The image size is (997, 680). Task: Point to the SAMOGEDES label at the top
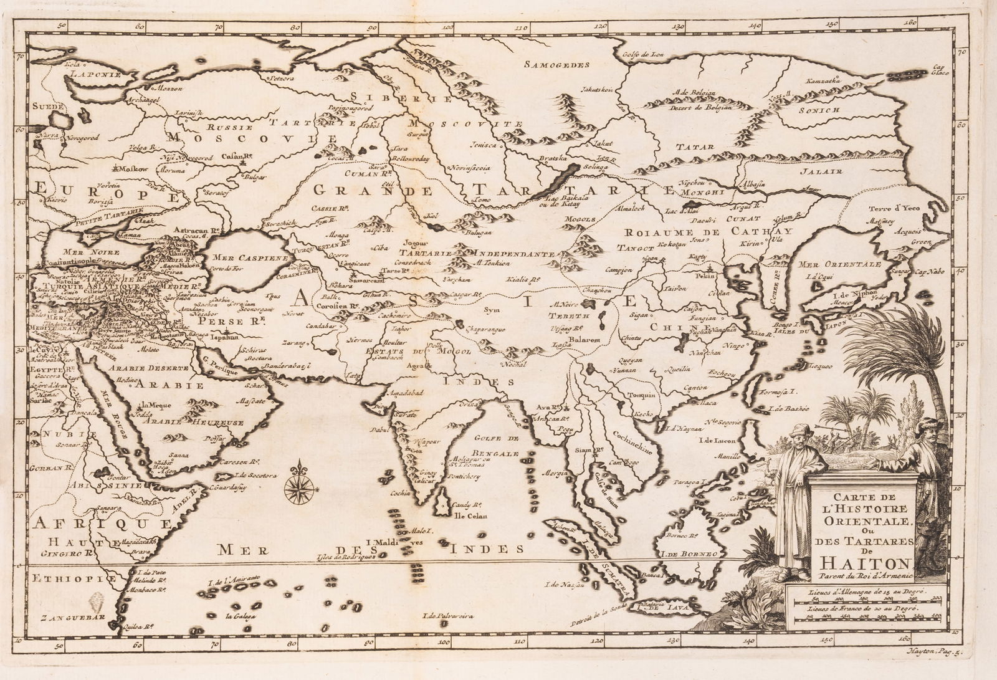[x=556, y=65]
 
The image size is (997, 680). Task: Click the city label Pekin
[x=705, y=275]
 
